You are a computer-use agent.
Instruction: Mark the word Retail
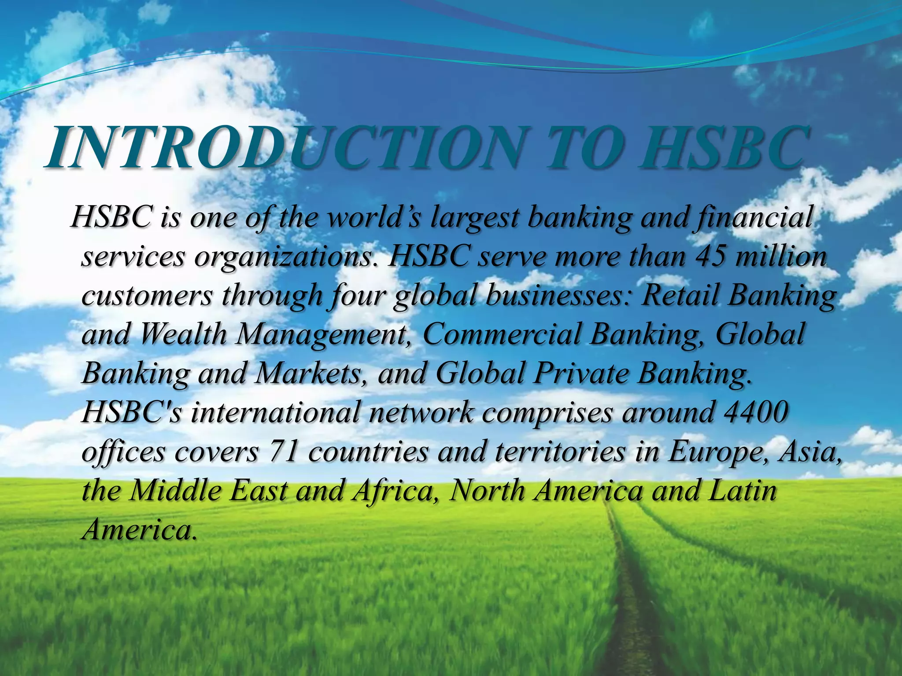(x=680, y=295)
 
